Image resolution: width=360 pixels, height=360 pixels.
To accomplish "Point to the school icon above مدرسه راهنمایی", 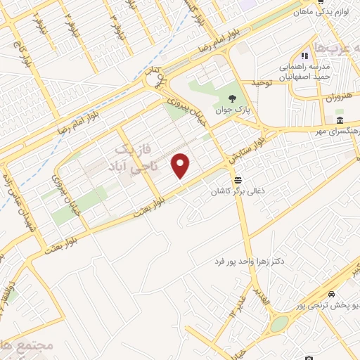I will pos(304,56).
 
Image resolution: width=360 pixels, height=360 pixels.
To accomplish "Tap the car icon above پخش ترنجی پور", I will pos(331,295).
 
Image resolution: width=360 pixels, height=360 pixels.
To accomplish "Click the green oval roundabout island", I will pos(280,323).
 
